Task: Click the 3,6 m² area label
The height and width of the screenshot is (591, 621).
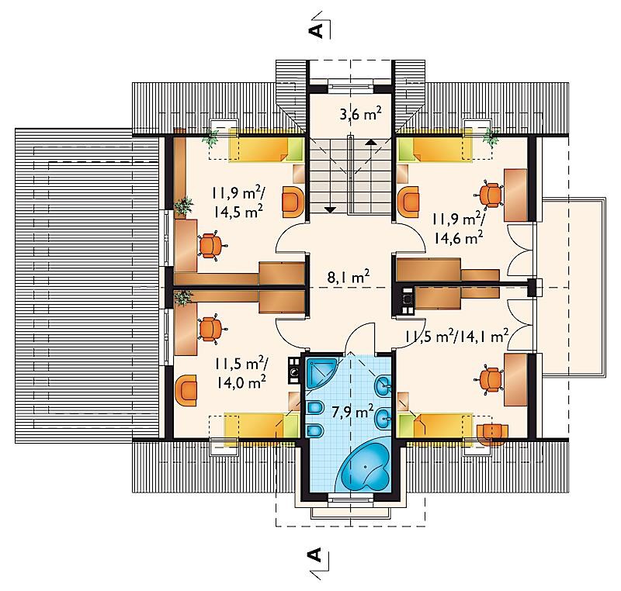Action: [360, 114]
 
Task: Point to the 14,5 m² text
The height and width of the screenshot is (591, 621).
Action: [238, 212]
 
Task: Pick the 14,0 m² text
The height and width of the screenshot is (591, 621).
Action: [241, 382]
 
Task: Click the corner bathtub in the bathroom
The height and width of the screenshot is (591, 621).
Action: [363, 467]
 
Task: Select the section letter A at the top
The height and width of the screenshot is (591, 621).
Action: [316, 29]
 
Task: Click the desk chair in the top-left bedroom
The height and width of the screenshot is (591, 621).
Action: [212, 246]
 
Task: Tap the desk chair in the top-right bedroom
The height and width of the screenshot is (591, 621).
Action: [489, 194]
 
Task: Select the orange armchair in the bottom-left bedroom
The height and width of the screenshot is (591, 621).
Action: [186, 390]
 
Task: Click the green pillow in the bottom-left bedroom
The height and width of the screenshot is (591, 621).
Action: [290, 426]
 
